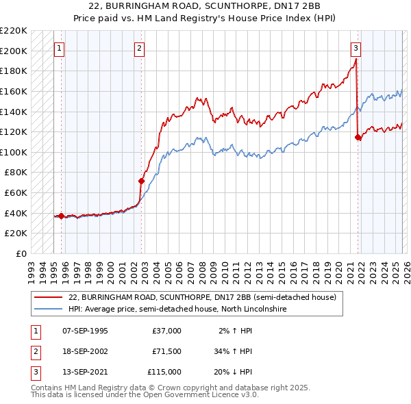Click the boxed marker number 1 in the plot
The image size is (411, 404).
click(60, 48)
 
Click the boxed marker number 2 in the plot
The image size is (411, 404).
click(140, 48)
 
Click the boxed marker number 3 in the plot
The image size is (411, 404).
click(356, 48)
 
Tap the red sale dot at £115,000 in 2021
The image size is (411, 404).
click(358, 137)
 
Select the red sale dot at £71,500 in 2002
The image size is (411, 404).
click(142, 181)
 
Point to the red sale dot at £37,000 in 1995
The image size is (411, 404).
click(62, 216)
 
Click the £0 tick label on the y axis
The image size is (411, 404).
click(21, 253)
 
